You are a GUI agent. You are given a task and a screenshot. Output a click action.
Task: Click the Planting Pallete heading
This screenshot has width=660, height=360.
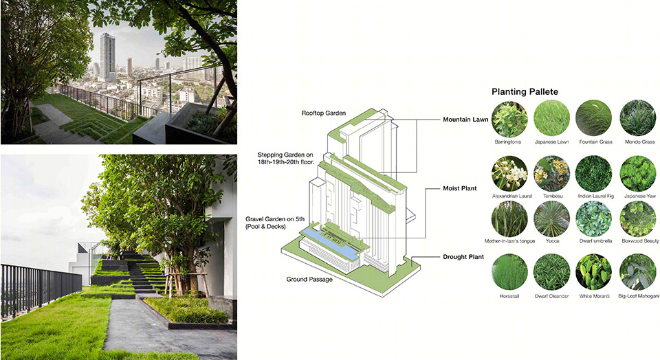pos(525,92)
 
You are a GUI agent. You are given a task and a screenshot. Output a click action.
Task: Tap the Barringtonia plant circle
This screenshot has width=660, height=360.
pos(509,118)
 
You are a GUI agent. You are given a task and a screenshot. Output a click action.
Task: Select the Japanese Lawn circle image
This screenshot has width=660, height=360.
pos(552,118)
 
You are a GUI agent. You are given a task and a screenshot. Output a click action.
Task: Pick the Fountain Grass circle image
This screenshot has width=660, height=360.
pos(594,118)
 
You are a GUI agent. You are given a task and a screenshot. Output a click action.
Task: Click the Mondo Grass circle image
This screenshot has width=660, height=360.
pos(637,118)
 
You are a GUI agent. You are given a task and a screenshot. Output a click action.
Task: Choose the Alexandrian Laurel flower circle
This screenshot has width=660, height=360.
pos(509,174)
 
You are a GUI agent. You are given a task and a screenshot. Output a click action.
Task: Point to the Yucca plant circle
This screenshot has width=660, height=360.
pos(552,218)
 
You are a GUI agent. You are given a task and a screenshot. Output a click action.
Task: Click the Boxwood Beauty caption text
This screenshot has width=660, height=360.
pos(639,241)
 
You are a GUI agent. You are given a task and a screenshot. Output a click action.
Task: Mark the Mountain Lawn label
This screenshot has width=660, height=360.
pos(465,119)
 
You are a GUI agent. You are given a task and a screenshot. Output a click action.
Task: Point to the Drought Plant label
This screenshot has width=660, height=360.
pos(463,257)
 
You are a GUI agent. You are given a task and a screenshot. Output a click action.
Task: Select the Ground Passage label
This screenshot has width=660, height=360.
pos(309,280)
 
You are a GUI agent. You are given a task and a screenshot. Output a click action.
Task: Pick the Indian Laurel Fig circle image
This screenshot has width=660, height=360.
pos(594,174)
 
